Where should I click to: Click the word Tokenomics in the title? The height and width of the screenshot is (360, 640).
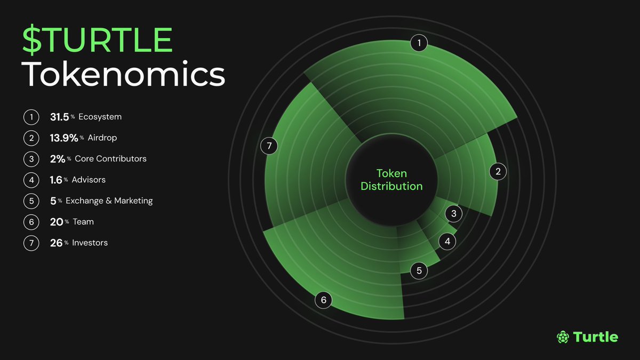123,75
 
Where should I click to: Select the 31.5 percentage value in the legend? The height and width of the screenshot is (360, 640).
59,117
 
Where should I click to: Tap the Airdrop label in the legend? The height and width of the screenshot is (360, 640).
102,138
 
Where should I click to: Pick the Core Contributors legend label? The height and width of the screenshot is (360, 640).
110,159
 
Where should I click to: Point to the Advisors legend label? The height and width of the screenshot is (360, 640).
89,180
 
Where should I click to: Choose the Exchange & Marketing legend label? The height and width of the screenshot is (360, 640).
109,201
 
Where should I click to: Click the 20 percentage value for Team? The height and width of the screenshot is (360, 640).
57,222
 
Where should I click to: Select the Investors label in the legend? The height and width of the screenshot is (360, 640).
90,243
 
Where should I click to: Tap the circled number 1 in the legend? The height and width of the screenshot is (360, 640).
31,117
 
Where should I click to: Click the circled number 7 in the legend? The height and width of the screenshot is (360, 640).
31,243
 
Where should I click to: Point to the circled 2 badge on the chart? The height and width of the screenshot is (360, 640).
498,172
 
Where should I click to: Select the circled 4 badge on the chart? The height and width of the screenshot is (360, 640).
447,242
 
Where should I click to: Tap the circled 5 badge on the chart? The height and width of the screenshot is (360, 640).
419,271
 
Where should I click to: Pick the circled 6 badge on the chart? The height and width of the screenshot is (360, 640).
323,300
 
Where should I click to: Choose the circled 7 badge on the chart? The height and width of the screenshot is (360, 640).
269,145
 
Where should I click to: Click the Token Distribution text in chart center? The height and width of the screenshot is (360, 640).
391,180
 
